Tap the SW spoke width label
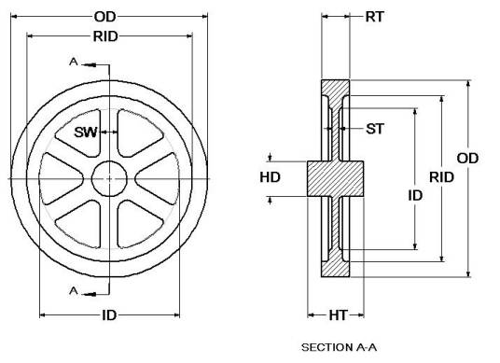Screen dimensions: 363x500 tap(86, 132)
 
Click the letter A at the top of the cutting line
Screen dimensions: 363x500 tap(75, 62)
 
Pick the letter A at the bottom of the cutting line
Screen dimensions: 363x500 tap(75, 291)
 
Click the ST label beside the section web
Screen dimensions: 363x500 tap(375, 128)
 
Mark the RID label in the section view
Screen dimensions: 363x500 tap(441, 177)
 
